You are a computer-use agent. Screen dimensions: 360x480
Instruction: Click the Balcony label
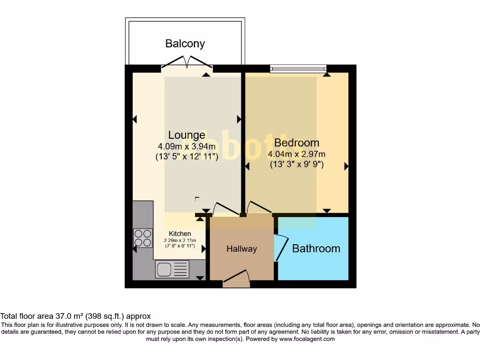coord(185,44)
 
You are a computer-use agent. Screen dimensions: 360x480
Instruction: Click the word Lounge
coord(187,135)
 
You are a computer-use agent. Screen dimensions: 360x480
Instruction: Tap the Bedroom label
coord(296,142)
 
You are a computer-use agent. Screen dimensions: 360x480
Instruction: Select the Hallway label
coord(241,249)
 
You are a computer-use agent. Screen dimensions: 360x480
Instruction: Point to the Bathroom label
coord(316,248)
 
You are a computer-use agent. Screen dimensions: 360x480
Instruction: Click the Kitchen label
coord(180,233)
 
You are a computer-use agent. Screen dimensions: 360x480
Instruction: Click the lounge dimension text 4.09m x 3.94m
coord(187,146)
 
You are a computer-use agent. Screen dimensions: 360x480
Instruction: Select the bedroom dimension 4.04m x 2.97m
coord(296,154)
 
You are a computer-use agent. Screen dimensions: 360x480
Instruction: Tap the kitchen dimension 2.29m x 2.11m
coord(180,240)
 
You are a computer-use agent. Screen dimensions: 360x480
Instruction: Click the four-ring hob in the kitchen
coord(142,238)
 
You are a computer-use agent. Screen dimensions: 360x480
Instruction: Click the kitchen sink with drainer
coord(172,269)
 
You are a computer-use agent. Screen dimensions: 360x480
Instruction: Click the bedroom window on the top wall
coord(298,69)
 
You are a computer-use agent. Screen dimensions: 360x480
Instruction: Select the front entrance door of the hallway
coord(236,279)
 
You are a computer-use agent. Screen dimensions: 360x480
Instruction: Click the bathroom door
coord(282,247)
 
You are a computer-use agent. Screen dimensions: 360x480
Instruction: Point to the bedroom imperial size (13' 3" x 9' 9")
coord(296,165)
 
